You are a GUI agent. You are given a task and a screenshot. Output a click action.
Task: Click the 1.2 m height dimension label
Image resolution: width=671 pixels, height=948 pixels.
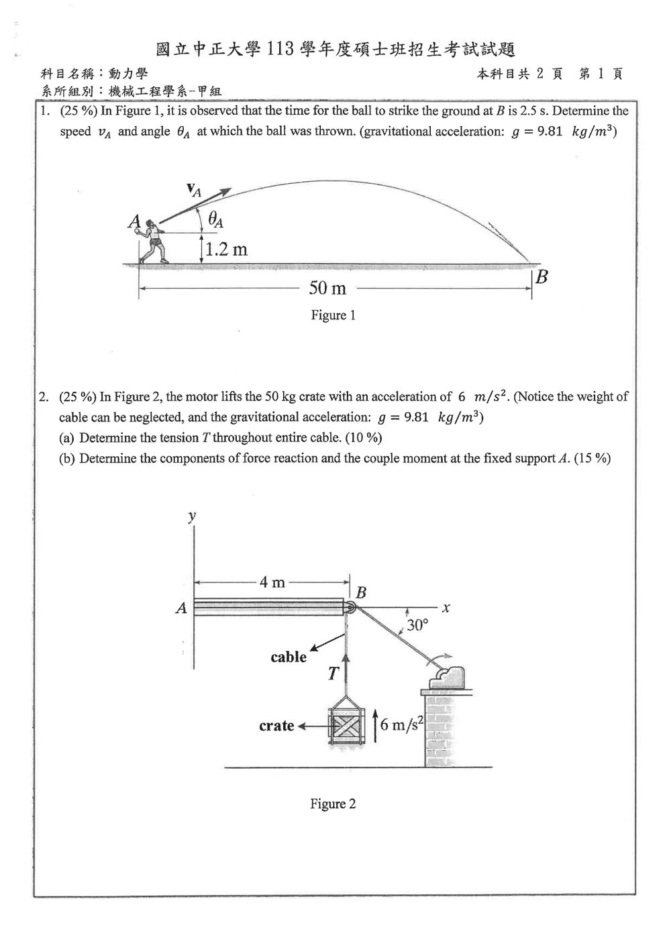(227, 250)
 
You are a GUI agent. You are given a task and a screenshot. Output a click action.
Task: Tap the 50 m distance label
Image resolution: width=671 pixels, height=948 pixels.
(327, 288)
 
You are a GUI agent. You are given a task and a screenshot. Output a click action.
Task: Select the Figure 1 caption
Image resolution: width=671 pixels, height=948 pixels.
(333, 315)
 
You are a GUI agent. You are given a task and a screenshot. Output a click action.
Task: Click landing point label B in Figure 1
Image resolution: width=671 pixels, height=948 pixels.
(541, 277)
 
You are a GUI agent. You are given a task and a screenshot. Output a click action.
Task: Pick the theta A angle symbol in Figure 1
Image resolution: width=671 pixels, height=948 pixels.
(215, 219)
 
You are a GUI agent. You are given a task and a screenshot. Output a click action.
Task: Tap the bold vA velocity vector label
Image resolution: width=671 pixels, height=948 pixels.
(194, 190)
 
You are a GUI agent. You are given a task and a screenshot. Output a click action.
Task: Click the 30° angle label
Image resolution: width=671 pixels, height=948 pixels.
(417, 625)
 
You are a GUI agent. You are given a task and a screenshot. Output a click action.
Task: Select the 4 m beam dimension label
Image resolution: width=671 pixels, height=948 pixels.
(272, 582)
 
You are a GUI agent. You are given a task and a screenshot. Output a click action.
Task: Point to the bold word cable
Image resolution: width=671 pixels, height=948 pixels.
(289, 657)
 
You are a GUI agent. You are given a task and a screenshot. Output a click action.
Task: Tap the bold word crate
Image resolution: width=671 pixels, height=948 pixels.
(276, 726)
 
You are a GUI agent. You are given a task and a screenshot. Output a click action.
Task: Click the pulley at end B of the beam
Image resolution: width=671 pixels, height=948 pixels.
(350, 607)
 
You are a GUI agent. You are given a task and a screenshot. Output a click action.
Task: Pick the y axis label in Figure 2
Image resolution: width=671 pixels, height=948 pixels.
(193, 516)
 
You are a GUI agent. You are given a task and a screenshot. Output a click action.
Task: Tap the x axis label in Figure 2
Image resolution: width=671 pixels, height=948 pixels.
(446, 608)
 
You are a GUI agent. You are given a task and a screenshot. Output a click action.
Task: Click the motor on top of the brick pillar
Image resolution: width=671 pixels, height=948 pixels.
(447, 678)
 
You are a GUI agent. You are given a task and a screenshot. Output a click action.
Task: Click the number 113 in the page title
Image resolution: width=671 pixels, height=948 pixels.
(280, 50)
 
